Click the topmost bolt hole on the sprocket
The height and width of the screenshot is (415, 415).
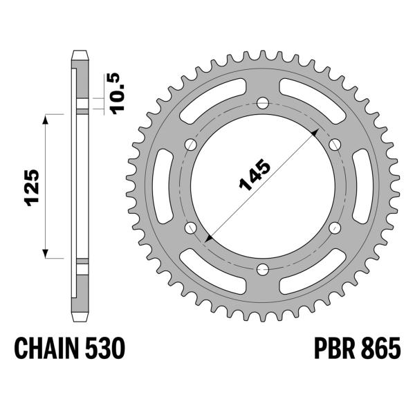pos(262,103)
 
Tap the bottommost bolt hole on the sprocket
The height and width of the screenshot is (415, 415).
pos(262,270)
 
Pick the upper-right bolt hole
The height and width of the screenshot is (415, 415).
pos(335,145)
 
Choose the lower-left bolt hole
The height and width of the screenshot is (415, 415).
pos(190,228)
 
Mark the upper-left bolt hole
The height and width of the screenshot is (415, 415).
pos(190,145)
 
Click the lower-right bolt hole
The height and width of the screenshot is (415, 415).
pos(335,228)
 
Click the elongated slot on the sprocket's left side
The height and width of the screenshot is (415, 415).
pos(166,186)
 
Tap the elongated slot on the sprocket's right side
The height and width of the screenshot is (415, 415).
pos(359,186)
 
